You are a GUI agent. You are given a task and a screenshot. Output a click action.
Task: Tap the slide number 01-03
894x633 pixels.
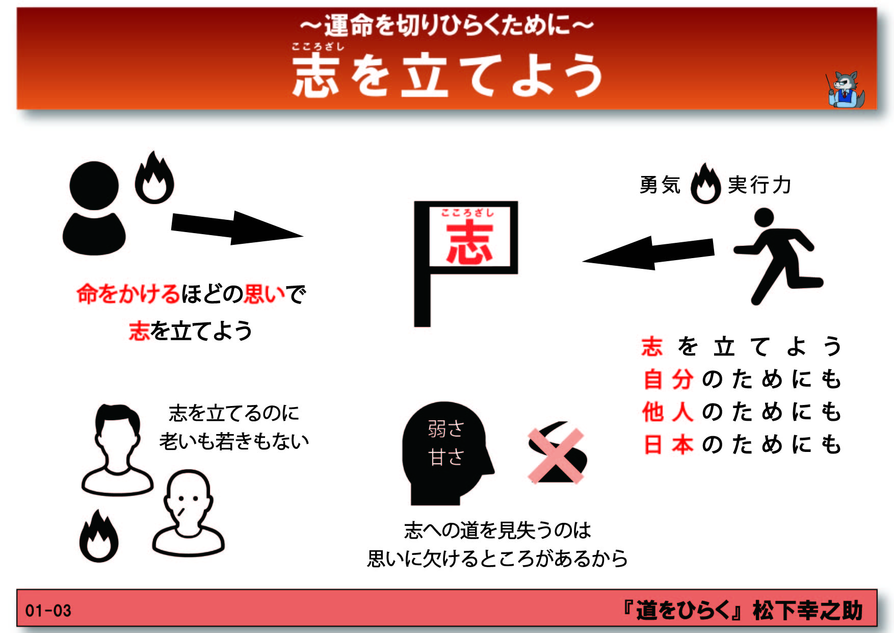(48, 611)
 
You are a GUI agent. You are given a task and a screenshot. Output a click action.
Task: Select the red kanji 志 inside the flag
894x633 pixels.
(469, 243)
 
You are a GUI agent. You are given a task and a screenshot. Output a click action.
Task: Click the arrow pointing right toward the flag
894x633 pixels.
(237, 227)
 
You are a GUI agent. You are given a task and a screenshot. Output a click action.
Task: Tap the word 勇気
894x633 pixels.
(660, 185)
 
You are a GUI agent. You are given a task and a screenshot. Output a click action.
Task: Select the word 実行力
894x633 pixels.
(759, 185)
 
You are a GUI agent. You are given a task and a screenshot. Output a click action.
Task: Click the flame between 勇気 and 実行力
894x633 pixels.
(705, 184)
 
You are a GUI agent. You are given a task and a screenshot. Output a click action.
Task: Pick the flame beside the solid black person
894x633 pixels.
(154, 178)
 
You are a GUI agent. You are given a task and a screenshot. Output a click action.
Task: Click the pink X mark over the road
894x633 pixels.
(556, 455)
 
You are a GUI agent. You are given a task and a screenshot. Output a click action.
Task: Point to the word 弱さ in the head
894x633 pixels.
(446, 429)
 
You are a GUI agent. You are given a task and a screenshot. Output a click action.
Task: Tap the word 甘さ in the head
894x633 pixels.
(446, 457)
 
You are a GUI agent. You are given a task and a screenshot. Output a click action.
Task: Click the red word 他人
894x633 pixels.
(668, 412)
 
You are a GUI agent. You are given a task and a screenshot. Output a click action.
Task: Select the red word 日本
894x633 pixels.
(668, 444)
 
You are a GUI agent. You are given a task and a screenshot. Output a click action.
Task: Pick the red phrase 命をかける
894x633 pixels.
(128, 294)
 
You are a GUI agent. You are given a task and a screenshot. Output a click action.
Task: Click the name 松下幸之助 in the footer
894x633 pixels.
(808, 611)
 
